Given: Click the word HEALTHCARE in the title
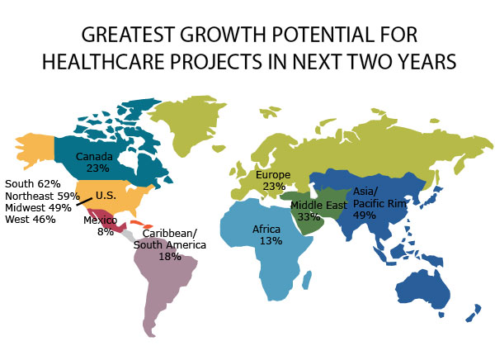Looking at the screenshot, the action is (x=104, y=61).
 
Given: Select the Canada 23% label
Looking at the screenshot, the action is (x=95, y=162).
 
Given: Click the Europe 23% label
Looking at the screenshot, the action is (x=273, y=181).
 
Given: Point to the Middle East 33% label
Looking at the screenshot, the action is (x=318, y=211).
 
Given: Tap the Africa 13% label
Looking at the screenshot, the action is (x=267, y=235).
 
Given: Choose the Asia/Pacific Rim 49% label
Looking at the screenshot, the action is (x=379, y=203).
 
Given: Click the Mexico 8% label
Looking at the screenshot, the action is (x=101, y=226).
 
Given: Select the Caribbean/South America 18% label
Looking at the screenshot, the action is (x=170, y=245).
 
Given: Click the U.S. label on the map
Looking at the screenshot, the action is (x=106, y=196).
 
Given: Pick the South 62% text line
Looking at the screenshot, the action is (x=33, y=184).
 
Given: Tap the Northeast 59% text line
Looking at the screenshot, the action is (x=42, y=196).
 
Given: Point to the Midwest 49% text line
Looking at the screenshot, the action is (x=38, y=207).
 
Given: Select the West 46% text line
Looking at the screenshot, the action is (x=31, y=219).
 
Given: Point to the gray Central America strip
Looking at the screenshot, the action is (x=129, y=236).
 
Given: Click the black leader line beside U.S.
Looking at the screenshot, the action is (x=84, y=201).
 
